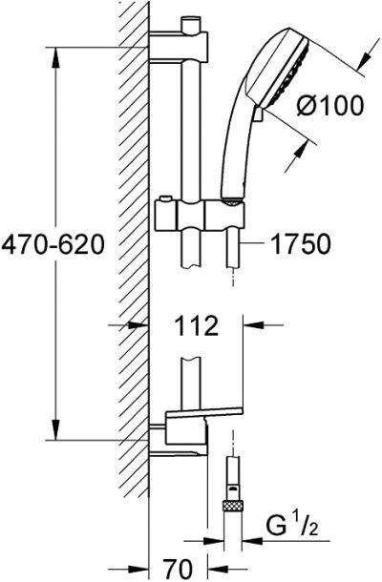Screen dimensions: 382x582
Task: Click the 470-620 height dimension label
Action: click(x=53, y=244)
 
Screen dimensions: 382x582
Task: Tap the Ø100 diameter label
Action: click(x=329, y=105)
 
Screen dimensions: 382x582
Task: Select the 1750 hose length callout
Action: click(x=301, y=244)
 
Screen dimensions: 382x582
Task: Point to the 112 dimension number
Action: click(x=196, y=325)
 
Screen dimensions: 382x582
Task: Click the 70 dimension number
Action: click(x=179, y=568)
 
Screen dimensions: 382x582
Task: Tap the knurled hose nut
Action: click(x=233, y=506)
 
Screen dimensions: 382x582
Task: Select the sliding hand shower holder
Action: click(x=201, y=215)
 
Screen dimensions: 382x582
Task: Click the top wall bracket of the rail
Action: click(x=178, y=48)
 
